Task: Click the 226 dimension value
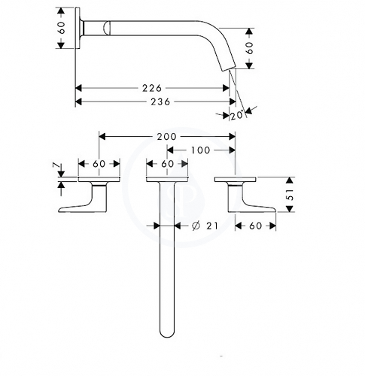tap(152, 88)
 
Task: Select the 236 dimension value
tap(160, 102)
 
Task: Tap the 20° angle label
tap(237, 116)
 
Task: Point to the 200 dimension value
tap(167, 137)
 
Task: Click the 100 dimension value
tap(200, 150)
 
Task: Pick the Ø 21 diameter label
tap(205, 226)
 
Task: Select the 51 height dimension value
tap(290, 194)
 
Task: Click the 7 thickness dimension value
tap(56, 165)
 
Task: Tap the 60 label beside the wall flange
tap(61, 28)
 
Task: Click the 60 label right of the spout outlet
tap(249, 48)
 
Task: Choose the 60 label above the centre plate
tap(168, 164)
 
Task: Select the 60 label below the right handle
tap(256, 226)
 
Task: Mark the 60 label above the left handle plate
tap(99, 164)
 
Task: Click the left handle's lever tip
tap(59, 211)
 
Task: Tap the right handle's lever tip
tap(275, 210)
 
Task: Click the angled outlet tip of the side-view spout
tap(228, 69)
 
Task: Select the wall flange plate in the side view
tap(78, 28)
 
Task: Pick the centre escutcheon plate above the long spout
tap(167, 179)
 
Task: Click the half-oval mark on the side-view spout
tap(107, 28)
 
